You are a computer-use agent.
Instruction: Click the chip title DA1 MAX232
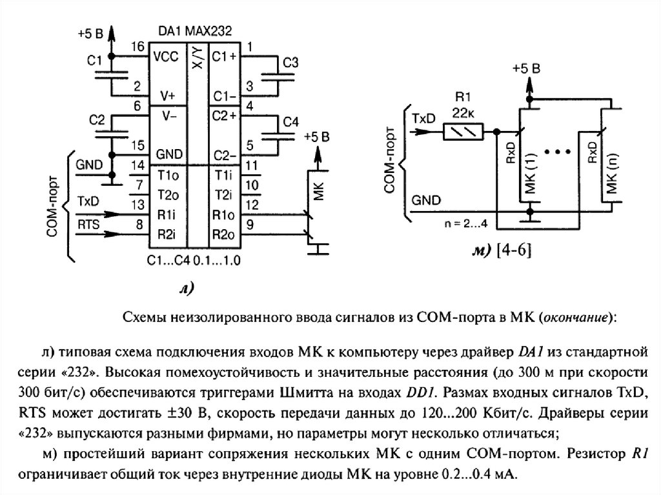195,31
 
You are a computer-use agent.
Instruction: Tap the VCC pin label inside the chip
166,57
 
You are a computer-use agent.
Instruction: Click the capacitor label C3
291,63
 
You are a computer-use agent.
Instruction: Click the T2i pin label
223,195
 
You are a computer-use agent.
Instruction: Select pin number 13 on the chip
137,205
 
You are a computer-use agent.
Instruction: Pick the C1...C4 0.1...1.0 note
195,262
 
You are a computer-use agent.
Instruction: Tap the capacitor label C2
97,120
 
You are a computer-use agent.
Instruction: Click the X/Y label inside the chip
196,59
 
